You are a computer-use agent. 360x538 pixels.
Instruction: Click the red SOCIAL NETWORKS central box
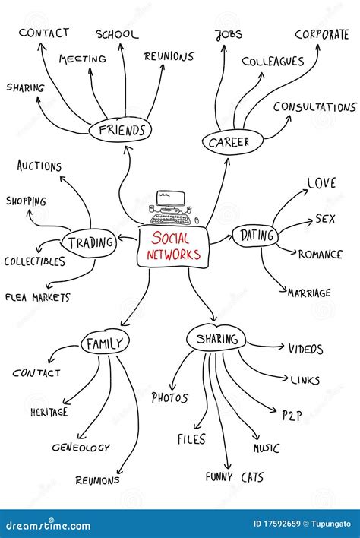(x=173, y=246)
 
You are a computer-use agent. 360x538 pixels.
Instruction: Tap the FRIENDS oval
(x=120, y=130)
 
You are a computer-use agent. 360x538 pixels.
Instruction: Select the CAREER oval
(x=232, y=142)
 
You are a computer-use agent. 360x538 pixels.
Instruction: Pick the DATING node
(x=255, y=236)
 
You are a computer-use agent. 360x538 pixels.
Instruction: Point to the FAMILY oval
(x=105, y=343)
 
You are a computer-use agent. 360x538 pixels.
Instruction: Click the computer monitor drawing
(x=170, y=200)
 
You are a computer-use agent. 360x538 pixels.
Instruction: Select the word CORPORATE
(x=322, y=35)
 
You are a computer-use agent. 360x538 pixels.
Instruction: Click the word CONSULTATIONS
(x=315, y=107)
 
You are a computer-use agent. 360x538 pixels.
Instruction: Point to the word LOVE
(x=321, y=183)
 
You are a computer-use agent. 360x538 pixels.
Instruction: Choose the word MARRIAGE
(x=309, y=293)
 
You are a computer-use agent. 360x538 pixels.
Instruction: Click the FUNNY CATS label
(x=235, y=477)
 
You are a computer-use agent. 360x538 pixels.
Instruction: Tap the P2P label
(x=292, y=416)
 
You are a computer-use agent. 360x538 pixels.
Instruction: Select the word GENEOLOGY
(x=81, y=448)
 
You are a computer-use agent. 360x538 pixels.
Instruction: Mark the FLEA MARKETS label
(x=38, y=297)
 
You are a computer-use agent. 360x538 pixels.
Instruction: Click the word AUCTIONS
(x=39, y=166)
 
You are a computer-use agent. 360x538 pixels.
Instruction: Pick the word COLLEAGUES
(x=273, y=62)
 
